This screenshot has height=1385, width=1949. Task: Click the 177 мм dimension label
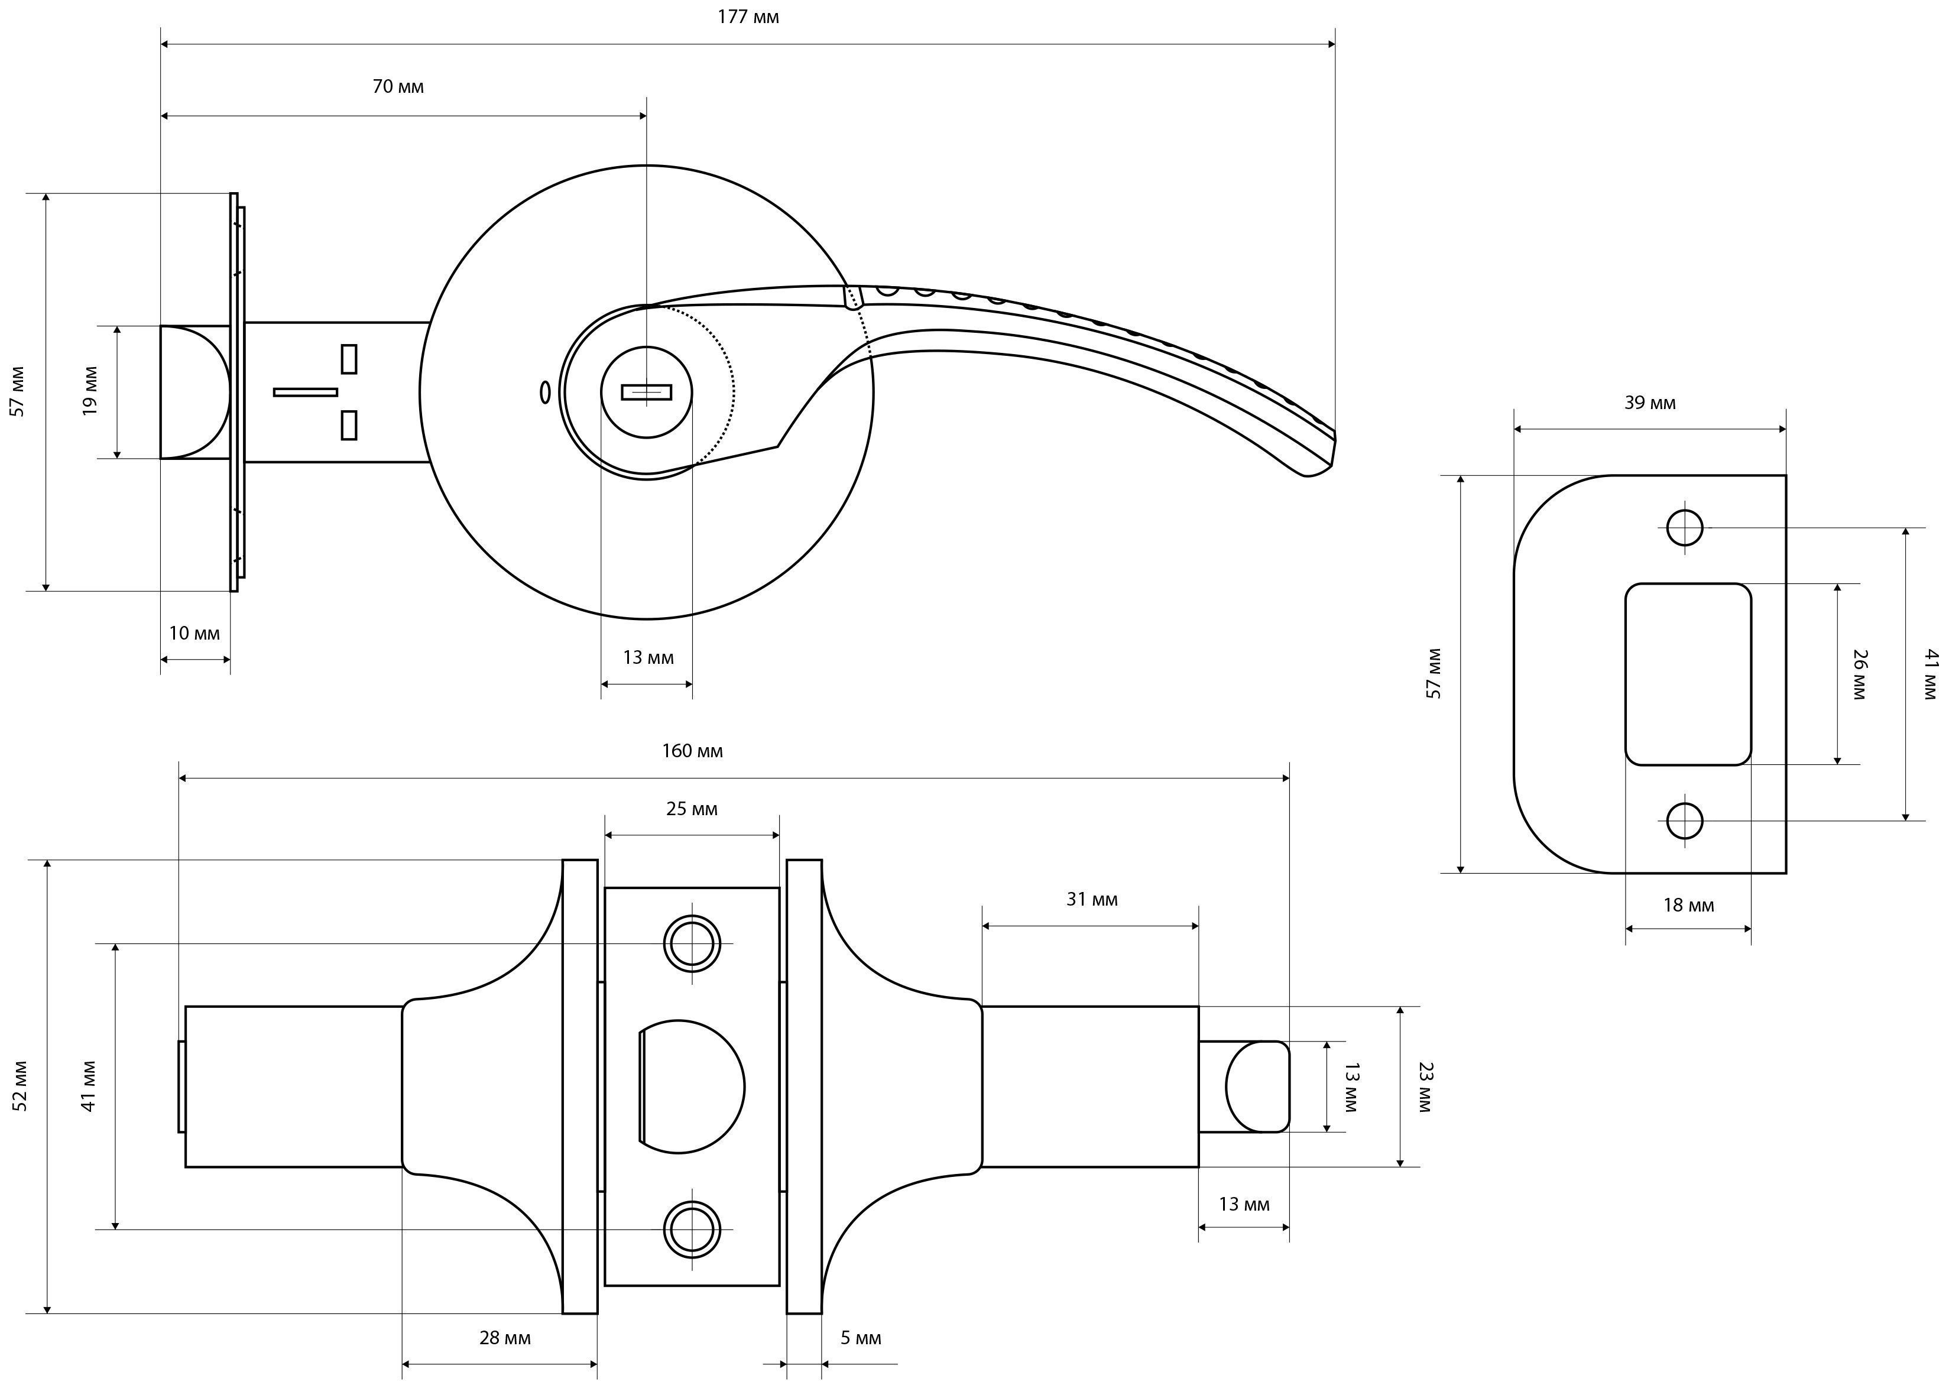[x=748, y=17]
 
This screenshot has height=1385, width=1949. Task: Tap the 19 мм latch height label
[x=90, y=391]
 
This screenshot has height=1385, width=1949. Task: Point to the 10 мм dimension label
[x=194, y=633]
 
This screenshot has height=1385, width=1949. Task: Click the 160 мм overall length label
[x=692, y=751]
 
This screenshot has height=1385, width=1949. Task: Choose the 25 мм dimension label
[x=692, y=809]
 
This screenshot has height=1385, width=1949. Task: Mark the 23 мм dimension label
[x=1425, y=1086]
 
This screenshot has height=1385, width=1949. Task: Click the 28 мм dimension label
[x=505, y=1337]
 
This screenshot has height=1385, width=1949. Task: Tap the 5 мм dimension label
[x=861, y=1337]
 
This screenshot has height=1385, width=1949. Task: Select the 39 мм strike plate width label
[x=1650, y=403]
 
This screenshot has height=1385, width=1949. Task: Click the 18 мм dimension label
[x=1688, y=905]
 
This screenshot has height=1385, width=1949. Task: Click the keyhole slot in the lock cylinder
[x=647, y=393]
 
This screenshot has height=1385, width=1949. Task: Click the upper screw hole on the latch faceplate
[x=692, y=944]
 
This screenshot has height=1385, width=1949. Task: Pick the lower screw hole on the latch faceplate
[x=692, y=1229]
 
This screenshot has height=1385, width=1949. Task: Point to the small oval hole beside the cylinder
[x=545, y=393]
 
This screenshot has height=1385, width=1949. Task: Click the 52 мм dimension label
[x=21, y=1086]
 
